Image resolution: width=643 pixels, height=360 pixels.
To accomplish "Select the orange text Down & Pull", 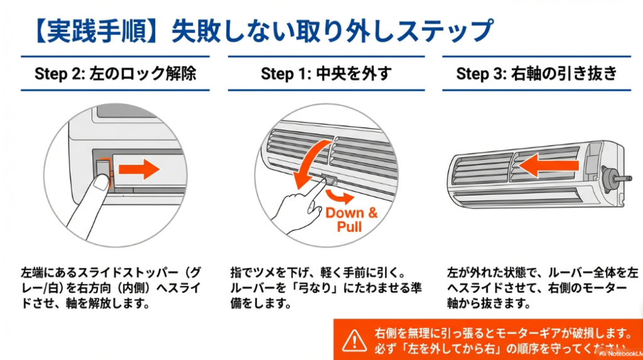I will point(351,219).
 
